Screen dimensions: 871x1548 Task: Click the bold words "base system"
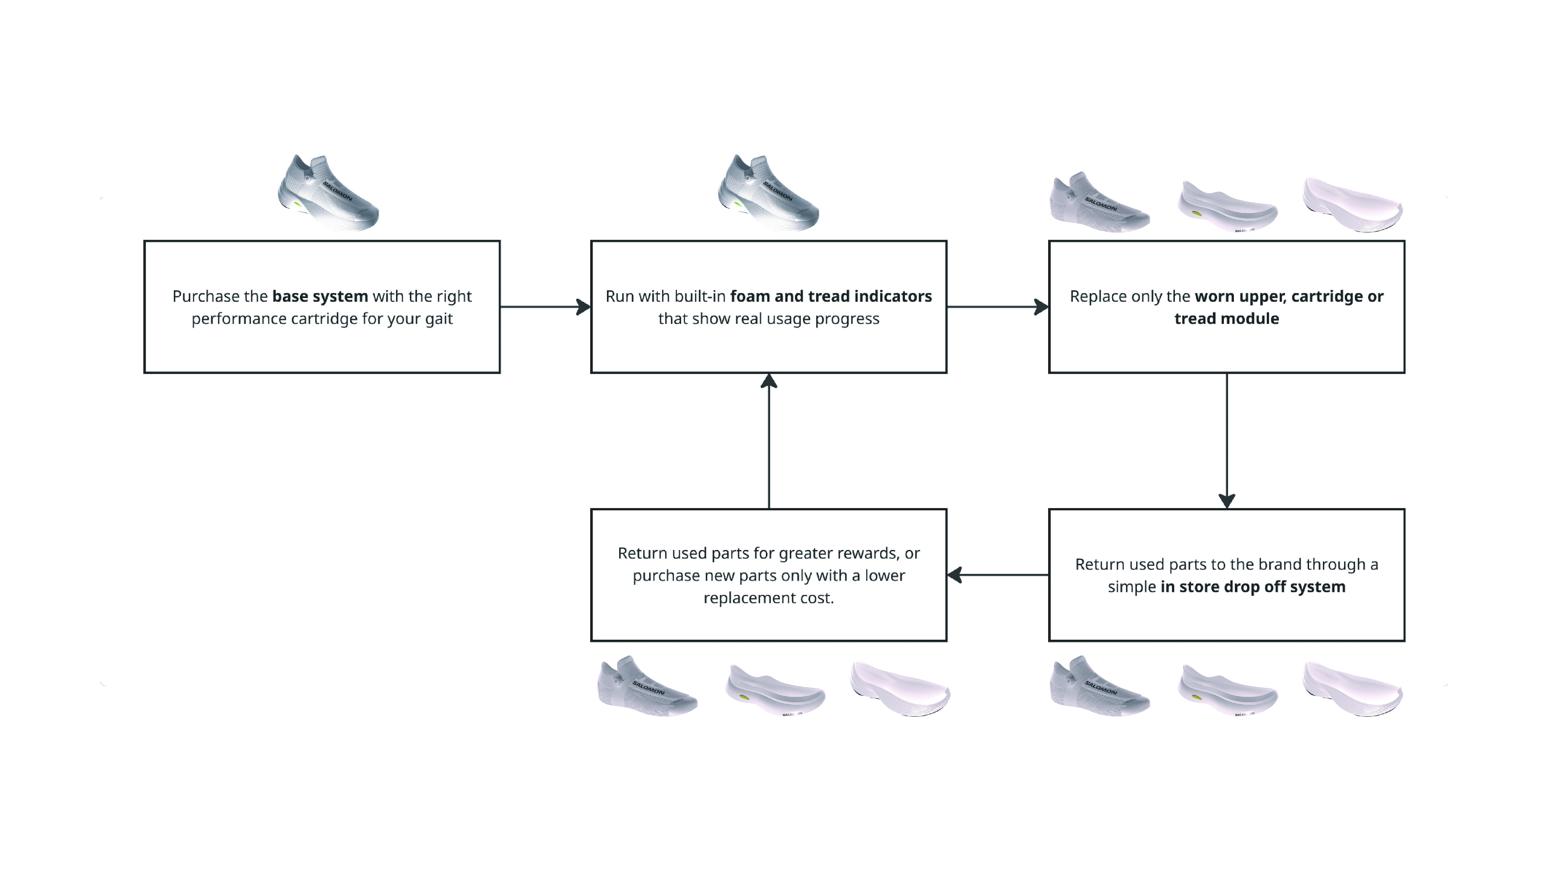pyautogui.click(x=320, y=296)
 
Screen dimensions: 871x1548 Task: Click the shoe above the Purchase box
pyautogui.click(x=328, y=194)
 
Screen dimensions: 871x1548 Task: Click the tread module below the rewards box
pyautogui.click(x=900, y=689)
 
